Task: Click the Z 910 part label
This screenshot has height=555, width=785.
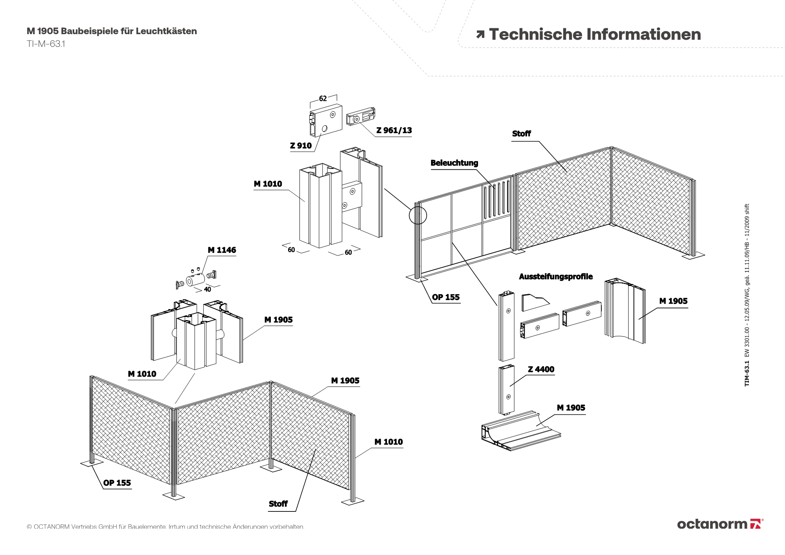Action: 301,146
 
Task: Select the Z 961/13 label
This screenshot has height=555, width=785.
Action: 394,130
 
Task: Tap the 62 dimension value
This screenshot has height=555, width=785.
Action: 323,99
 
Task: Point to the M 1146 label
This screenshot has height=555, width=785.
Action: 222,250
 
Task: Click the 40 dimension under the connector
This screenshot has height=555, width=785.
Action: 207,289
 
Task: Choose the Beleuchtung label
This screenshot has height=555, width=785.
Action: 454,163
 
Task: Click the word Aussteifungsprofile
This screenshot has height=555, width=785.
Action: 555,277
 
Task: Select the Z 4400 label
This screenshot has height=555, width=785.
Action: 541,369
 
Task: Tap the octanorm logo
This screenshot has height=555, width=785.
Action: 720,524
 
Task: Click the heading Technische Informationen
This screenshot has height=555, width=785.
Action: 595,35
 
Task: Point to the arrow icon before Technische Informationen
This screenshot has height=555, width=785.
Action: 480,35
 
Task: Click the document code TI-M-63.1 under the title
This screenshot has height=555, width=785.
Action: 46,44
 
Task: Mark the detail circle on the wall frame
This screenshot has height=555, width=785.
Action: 418,215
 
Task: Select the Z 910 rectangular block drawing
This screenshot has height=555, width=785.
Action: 325,119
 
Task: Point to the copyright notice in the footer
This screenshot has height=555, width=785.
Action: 165,527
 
